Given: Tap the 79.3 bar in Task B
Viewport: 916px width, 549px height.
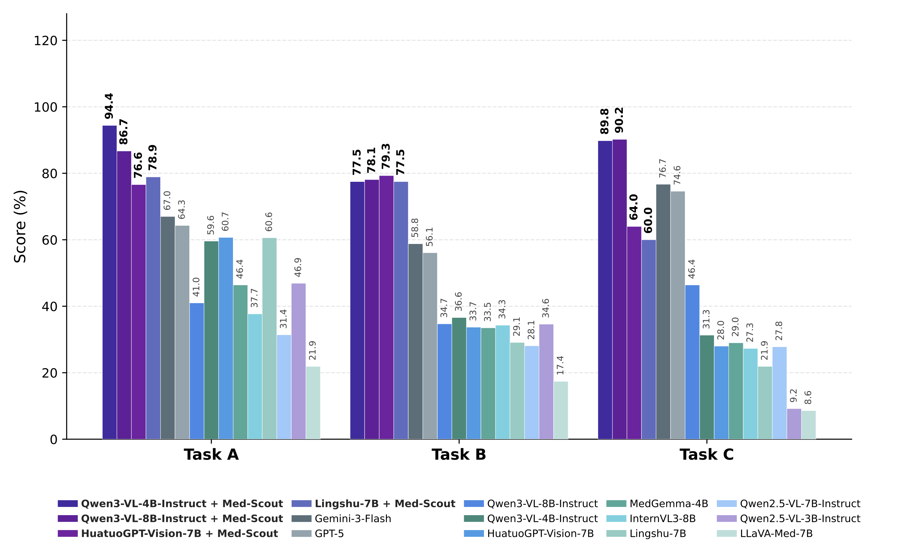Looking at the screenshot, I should [386, 307].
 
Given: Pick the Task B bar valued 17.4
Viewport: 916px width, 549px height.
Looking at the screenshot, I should [561, 410].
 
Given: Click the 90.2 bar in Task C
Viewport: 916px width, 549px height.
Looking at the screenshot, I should [620, 289].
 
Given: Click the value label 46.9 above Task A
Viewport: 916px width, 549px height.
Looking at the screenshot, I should [298, 267].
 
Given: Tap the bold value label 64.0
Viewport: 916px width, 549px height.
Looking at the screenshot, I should [634, 207].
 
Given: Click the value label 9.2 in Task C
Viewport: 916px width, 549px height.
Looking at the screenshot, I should [794, 396].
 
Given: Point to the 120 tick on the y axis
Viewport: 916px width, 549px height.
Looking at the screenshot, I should [45, 41].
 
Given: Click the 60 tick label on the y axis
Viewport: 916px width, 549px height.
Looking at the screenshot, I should [49, 240].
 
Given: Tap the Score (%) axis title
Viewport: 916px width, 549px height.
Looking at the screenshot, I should [20, 226].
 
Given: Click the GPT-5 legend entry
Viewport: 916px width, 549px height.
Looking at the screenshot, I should [329, 534].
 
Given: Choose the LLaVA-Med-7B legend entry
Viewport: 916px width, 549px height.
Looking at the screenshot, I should [776, 534].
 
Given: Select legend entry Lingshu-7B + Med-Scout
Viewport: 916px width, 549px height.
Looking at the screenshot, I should [385, 504].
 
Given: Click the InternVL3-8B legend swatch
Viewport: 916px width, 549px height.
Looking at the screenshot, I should [616, 519].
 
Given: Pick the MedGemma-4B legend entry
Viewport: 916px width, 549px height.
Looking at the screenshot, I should [669, 504].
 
